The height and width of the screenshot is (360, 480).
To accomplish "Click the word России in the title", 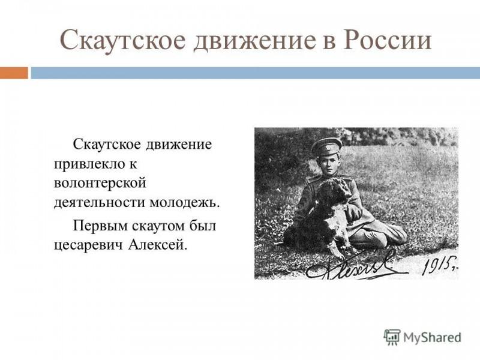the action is [387, 40].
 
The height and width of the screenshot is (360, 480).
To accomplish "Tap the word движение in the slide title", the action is [254, 40].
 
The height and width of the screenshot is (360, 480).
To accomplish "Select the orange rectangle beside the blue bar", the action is [14, 73].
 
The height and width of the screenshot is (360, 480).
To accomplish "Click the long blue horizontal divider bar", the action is [256, 73].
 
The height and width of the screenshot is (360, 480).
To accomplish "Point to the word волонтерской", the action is [100, 184].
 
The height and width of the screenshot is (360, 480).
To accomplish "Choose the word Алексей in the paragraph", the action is [157, 245].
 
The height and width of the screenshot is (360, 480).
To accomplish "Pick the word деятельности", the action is [100, 202].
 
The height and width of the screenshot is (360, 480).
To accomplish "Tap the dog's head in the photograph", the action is [333, 190].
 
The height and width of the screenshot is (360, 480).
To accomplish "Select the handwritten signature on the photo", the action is [356, 265].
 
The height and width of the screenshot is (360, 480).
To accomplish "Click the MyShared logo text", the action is [432, 338].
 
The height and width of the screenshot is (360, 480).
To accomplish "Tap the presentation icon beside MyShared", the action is [392, 337].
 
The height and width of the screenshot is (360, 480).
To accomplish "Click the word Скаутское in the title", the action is [122, 40].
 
